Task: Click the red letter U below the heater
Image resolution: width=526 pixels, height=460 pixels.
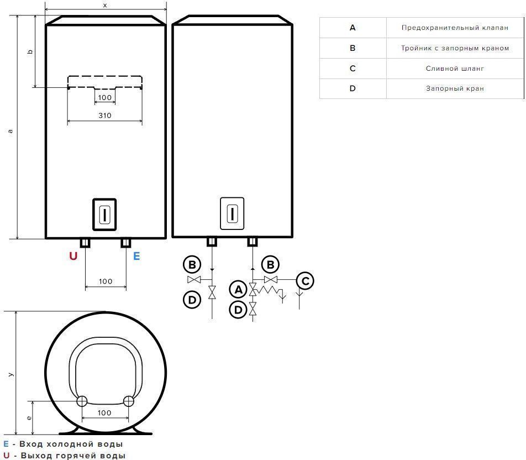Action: [x=73, y=256]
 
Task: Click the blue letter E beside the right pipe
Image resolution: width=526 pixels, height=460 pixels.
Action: [x=136, y=256]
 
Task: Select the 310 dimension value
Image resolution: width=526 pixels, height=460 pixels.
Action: [x=104, y=116]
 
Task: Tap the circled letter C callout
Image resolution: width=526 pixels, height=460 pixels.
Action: [x=305, y=281]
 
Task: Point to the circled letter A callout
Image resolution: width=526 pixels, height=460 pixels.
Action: [x=238, y=289]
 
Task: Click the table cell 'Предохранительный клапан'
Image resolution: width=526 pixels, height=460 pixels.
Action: [x=455, y=28]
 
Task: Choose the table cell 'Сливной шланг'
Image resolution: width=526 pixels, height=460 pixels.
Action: [x=455, y=69]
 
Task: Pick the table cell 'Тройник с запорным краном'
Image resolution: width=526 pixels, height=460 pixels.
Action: [x=455, y=48]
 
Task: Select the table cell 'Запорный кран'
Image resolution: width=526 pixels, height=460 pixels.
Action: [x=455, y=88]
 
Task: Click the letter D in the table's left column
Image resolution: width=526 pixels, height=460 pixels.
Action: [x=353, y=88]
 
